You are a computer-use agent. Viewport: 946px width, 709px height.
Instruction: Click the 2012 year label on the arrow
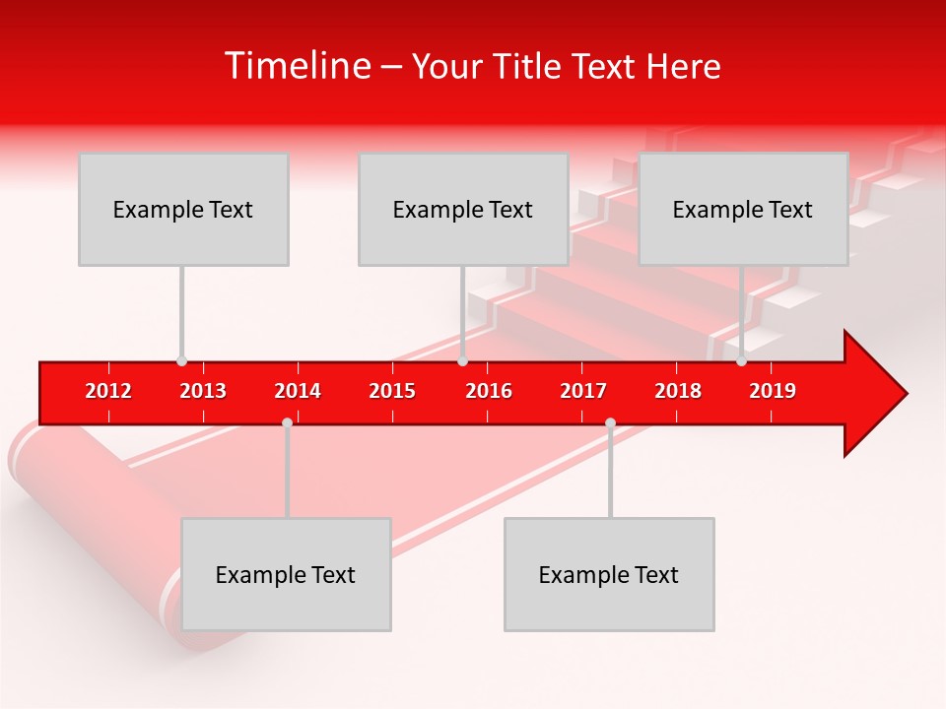(x=108, y=391)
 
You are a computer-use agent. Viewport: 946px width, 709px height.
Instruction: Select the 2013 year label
(x=203, y=391)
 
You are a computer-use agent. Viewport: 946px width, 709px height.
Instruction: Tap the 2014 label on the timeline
(x=298, y=391)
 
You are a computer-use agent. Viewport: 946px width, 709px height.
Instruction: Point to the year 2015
(x=392, y=391)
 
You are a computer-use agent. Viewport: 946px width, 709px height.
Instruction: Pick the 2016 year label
(x=489, y=391)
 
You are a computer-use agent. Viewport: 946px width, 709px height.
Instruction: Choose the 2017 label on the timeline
(x=583, y=391)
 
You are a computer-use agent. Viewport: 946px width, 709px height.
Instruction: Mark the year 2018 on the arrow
(x=678, y=391)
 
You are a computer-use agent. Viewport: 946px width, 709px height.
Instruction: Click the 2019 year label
(x=773, y=391)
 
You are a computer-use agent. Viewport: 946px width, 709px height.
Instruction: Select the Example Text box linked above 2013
(x=183, y=209)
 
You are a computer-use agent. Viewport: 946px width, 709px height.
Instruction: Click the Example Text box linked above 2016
(x=463, y=209)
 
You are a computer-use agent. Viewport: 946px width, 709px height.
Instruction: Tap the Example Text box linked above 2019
(x=743, y=209)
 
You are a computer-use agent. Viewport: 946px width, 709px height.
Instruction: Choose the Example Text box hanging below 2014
(x=286, y=574)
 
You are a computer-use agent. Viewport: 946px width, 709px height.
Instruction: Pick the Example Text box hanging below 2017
(x=609, y=574)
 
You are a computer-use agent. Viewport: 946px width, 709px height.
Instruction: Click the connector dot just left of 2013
(x=181, y=360)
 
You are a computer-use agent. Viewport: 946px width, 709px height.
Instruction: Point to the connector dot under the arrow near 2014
(x=287, y=422)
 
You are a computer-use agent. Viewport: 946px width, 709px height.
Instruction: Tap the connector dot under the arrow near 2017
(x=610, y=422)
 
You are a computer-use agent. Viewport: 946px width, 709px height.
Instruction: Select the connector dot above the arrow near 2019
(x=741, y=360)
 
